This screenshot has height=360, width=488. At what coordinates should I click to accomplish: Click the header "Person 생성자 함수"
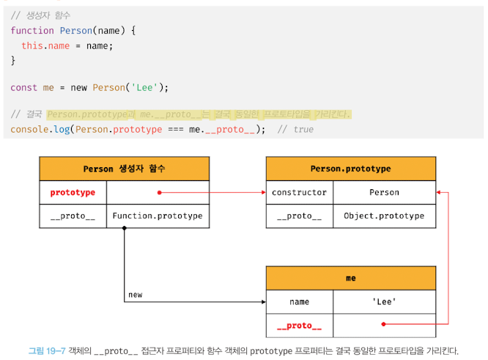[x=124, y=169]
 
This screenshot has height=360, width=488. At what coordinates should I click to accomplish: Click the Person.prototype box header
[x=350, y=169]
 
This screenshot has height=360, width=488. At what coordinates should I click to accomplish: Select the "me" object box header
[x=350, y=279]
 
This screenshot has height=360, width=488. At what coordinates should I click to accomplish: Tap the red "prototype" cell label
[x=73, y=193]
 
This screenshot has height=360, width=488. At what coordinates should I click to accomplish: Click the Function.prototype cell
[x=158, y=216]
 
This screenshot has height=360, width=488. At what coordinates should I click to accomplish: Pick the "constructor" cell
[x=299, y=193]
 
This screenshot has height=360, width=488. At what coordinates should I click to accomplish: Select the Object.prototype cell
[x=384, y=216]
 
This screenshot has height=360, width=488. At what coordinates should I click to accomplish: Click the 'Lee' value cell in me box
[x=384, y=302]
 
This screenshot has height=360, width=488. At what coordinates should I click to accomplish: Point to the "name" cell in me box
[x=299, y=302]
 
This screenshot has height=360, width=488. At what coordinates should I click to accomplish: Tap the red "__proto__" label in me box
[x=299, y=326]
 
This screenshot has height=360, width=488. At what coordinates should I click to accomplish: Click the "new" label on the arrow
[x=136, y=295]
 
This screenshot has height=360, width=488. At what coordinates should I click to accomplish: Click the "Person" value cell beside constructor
[x=384, y=193]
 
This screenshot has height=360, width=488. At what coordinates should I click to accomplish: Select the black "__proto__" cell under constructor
[x=299, y=216]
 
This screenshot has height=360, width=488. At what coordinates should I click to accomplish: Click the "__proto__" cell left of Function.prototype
[x=73, y=216]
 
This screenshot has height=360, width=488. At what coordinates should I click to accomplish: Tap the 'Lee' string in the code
[x=143, y=87]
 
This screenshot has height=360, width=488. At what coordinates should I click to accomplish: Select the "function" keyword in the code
[x=32, y=30]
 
